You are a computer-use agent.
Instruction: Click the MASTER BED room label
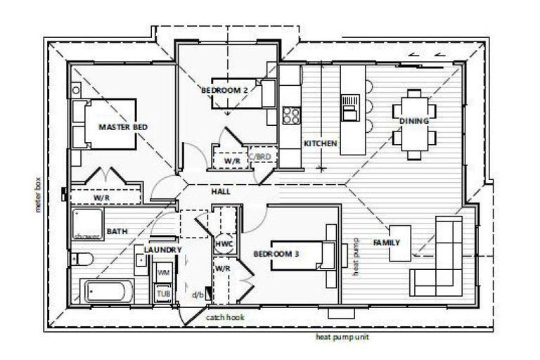[x=123, y=127]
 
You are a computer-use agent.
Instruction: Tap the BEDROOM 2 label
[x=224, y=91]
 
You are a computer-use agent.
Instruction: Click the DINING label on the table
[x=414, y=121]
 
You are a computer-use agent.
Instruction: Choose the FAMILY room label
[x=387, y=243]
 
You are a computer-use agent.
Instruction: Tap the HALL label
[x=221, y=191]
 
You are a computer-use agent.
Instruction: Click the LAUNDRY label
[x=163, y=250]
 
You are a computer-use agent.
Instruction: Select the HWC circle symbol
[x=223, y=243]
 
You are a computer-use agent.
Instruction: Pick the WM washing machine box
[x=163, y=272]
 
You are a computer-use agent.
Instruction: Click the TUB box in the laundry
[x=163, y=293]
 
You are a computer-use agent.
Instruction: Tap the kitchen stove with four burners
[x=291, y=115]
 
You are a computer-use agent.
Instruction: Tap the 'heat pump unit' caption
[x=342, y=337]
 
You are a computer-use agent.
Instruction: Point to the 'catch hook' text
[x=224, y=317]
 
